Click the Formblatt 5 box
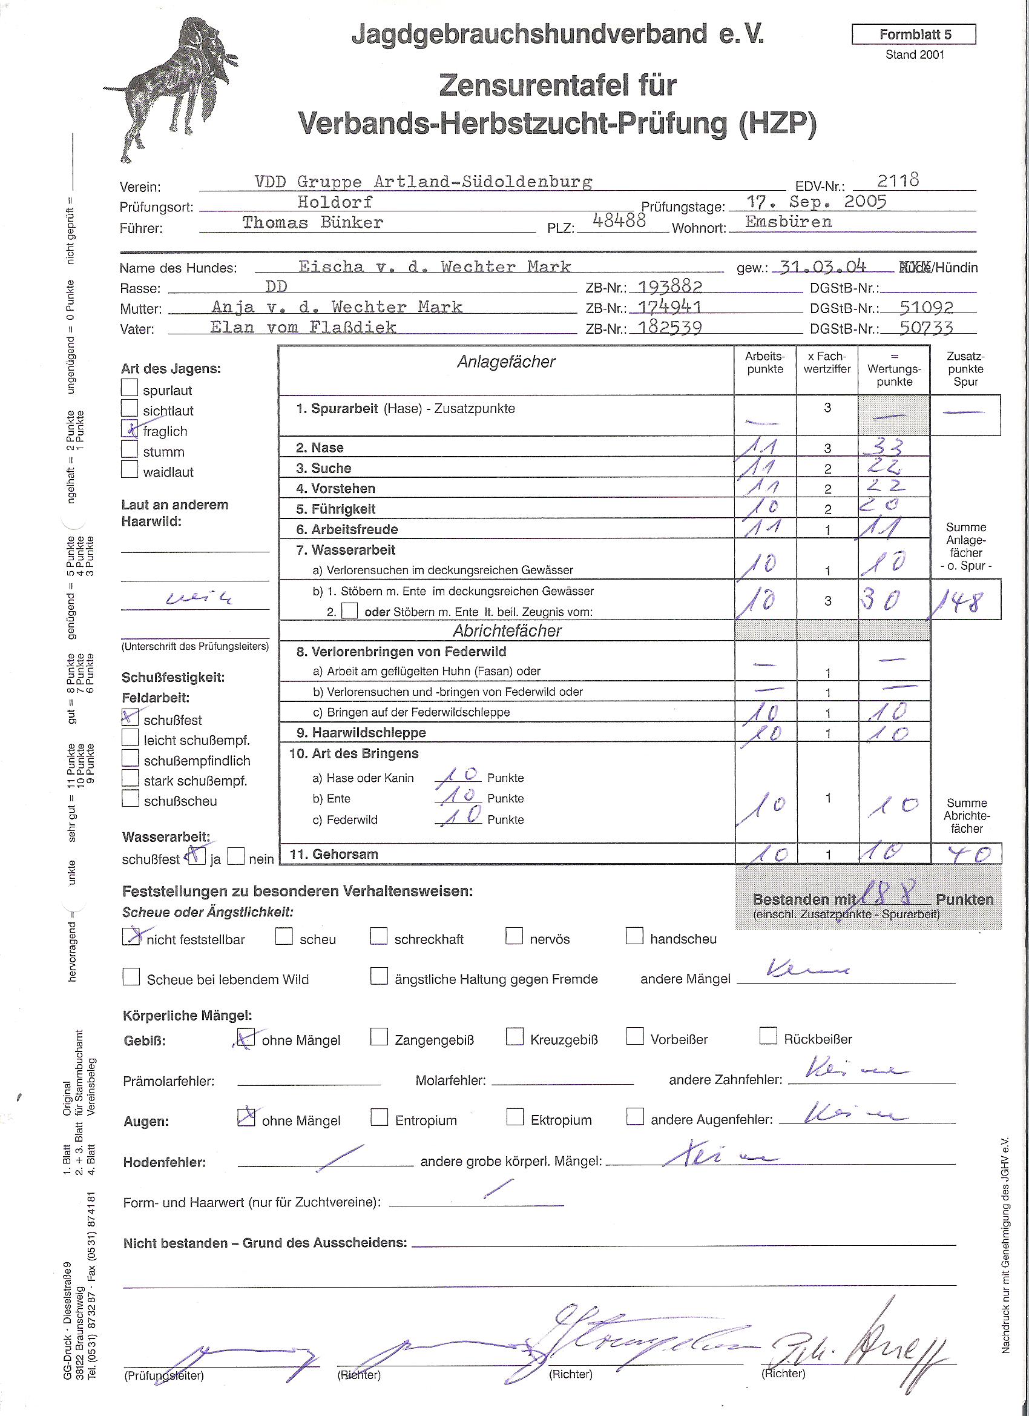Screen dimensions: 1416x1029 click(x=913, y=35)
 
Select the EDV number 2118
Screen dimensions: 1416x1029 click(x=898, y=180)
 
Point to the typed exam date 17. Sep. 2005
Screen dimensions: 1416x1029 click(x=816, y=202)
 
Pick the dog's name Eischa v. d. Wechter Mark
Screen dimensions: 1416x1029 click(x=435, y=267)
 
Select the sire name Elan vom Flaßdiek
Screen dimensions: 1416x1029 click(x=303, y=327)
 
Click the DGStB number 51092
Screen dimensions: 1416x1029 click(x=926, y=307)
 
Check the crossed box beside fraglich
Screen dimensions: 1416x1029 click(x=130, y=429)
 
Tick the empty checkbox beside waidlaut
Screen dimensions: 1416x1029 click(x=129, y=469)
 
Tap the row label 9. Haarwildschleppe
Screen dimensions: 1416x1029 click(x=361, y=732)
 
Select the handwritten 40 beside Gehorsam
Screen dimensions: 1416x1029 click(x=965, y=853)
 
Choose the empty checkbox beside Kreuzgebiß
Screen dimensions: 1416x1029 click(x=515, y=1037)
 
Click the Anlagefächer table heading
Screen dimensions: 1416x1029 click(x=506, y=362)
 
